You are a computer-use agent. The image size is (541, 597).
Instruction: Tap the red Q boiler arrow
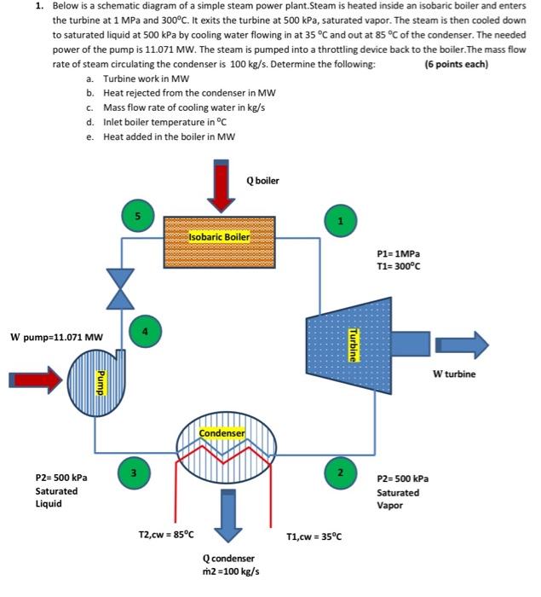coord(223,184)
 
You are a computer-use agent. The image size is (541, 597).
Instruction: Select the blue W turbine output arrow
coord(461,345)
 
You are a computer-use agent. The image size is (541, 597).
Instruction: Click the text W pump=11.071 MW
coord(56,336)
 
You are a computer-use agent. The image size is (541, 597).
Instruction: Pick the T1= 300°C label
coord(398,266)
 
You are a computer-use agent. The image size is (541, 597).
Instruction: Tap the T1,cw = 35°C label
coord(314,536)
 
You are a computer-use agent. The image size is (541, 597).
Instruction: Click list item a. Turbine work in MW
coord(155,78)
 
